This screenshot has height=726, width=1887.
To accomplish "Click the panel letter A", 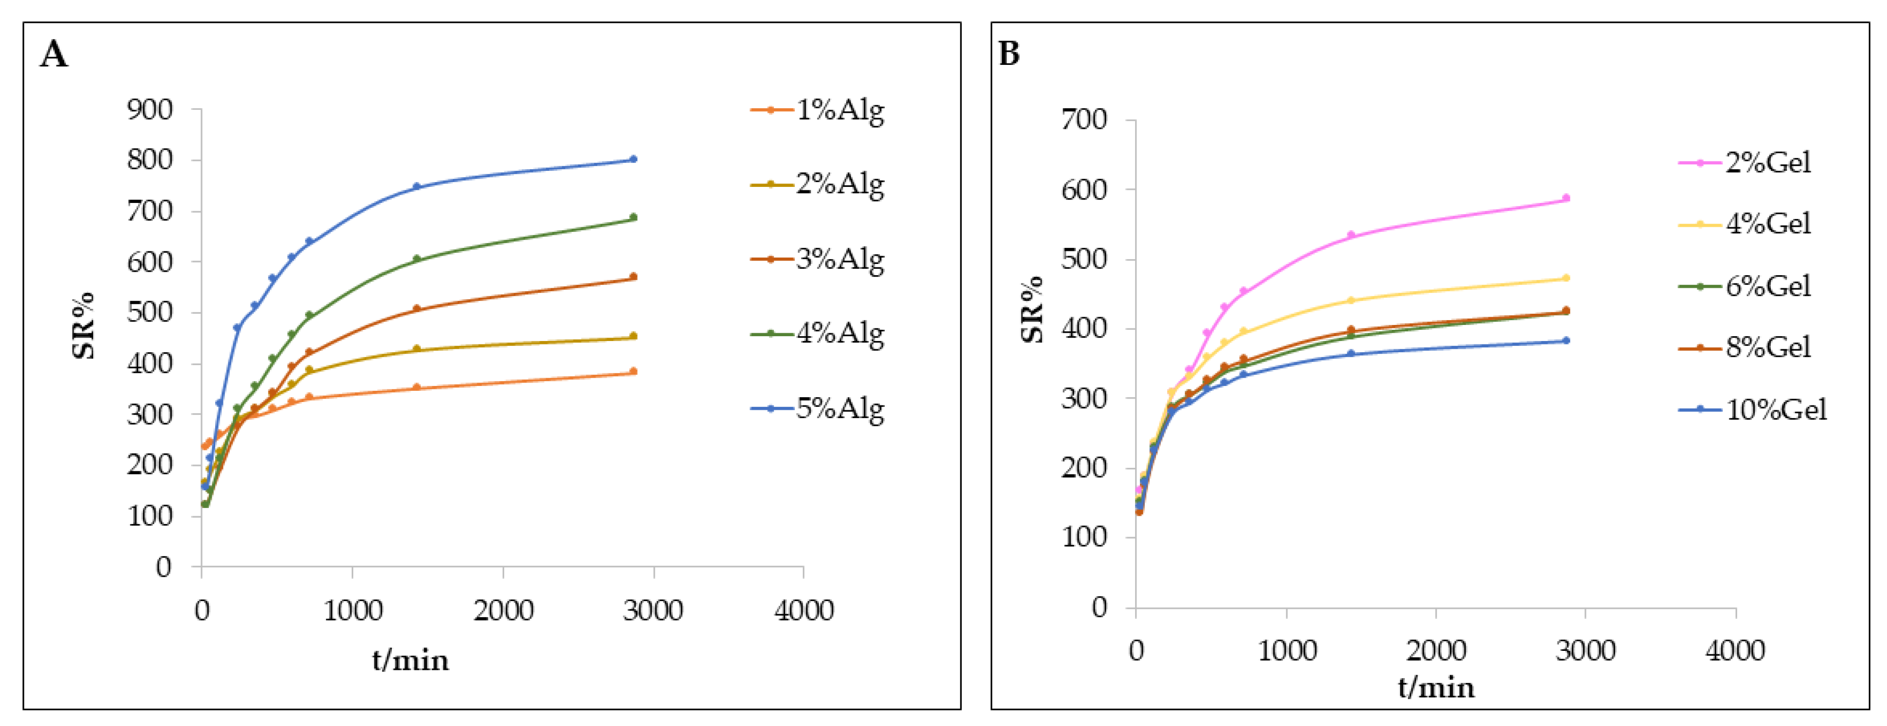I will pos(54,54).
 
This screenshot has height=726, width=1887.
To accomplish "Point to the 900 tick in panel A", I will pos(150,110).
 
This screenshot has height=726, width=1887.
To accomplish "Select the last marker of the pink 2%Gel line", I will pos(1566,198).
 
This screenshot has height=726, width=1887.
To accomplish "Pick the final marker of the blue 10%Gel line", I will pos(1566,341).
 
